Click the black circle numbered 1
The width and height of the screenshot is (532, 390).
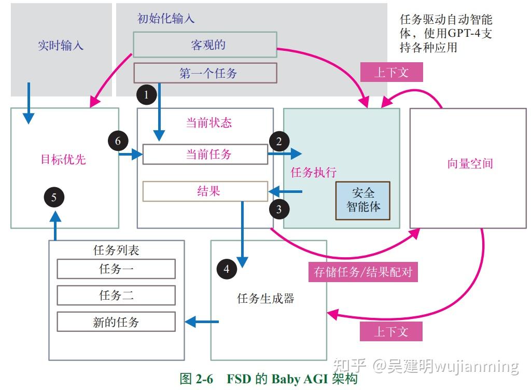(146, 94)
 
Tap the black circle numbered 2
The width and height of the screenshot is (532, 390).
(279, 141)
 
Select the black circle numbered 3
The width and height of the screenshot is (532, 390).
(279, 209)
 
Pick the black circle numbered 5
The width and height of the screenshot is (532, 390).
(54, 197)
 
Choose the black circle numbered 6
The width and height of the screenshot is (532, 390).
(118, 141)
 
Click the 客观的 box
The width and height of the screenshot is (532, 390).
(205, 45)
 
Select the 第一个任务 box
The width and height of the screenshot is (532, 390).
(205, 73)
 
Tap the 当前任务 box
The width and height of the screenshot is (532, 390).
(205, 154)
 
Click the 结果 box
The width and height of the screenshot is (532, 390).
(205, 191)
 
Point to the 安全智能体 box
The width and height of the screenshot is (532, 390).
(363, 200)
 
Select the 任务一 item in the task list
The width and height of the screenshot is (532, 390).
(116, 269)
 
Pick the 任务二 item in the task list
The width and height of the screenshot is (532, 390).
(116, 296)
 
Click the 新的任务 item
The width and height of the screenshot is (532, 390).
(116, 322)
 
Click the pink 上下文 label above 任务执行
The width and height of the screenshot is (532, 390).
(391, 72)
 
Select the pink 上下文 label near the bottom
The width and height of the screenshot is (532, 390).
(391, 331)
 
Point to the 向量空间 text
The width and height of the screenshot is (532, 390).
(470, 164)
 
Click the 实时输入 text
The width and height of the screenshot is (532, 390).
(61, 46)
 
